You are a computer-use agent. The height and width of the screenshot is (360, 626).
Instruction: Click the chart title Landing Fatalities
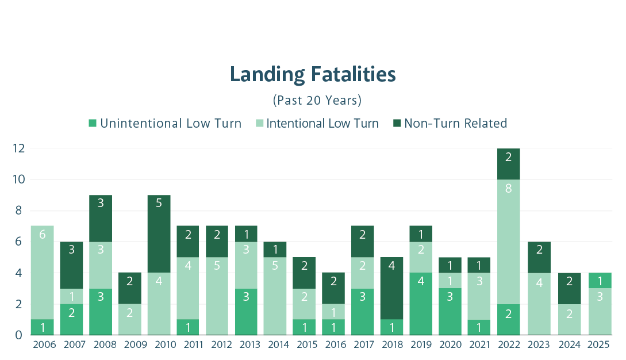pos(313,75)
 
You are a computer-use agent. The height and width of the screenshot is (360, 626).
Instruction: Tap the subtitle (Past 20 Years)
pos(317,100)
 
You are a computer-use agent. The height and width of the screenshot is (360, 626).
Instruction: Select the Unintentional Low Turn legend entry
pos(164,123)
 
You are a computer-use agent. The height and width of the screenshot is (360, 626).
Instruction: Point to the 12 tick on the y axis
pos(18,148)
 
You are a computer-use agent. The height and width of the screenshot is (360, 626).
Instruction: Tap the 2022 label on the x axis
pos(509,345)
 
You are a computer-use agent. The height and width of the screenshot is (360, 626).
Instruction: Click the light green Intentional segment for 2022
pos(509,242)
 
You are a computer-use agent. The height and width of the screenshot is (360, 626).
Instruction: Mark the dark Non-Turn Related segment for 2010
pos(159,234)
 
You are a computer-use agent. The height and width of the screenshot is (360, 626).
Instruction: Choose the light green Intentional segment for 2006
pos(42,273)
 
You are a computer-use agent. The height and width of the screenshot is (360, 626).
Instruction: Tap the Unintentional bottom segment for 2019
pos(421,304)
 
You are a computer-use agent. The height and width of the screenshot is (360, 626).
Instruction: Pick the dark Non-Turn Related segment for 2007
pos(71,265)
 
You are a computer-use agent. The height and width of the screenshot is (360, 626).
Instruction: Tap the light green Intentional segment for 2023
pos(539,304)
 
